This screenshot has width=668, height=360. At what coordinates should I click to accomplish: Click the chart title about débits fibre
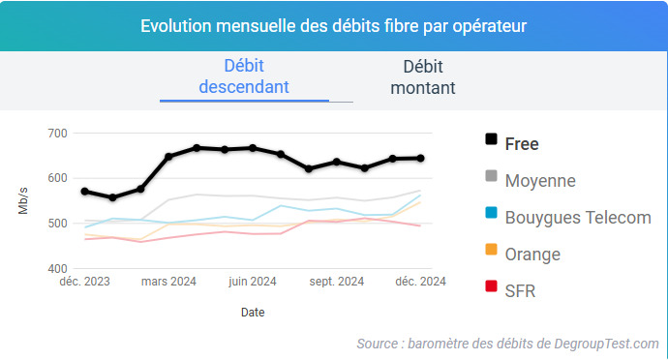[334, 25]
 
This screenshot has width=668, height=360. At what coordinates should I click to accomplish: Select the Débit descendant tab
[244, 76]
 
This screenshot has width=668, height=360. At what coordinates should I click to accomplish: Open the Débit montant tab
[423, 76]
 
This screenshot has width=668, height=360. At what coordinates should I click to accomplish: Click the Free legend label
[522, 143]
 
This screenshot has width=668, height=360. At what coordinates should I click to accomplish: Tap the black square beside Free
[491, 143]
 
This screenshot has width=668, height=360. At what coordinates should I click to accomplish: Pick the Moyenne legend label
[540, 180]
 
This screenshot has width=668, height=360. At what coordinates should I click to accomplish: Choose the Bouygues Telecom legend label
[578, 217]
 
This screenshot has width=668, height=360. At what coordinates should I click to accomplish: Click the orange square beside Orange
[491, 254]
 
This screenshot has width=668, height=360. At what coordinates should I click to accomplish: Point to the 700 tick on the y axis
[57, 133]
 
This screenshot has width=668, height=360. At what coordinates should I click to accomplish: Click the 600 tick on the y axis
[57, 178]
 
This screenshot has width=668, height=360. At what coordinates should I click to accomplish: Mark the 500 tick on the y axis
[57, 224]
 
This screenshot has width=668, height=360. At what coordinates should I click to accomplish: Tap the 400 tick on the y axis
[57, 268]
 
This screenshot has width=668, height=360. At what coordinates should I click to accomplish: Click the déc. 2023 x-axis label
[83, 282]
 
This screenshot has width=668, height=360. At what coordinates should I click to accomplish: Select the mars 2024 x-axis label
[168, 282]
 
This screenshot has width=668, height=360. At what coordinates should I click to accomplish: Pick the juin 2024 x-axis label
[253, 282]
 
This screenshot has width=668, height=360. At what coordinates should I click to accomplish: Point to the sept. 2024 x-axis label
[336, 282]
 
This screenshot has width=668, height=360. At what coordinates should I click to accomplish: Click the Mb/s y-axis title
[23, 200]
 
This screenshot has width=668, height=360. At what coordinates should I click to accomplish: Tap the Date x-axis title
[252, 313]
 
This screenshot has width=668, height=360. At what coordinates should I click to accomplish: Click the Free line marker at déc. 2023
[85, 192]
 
